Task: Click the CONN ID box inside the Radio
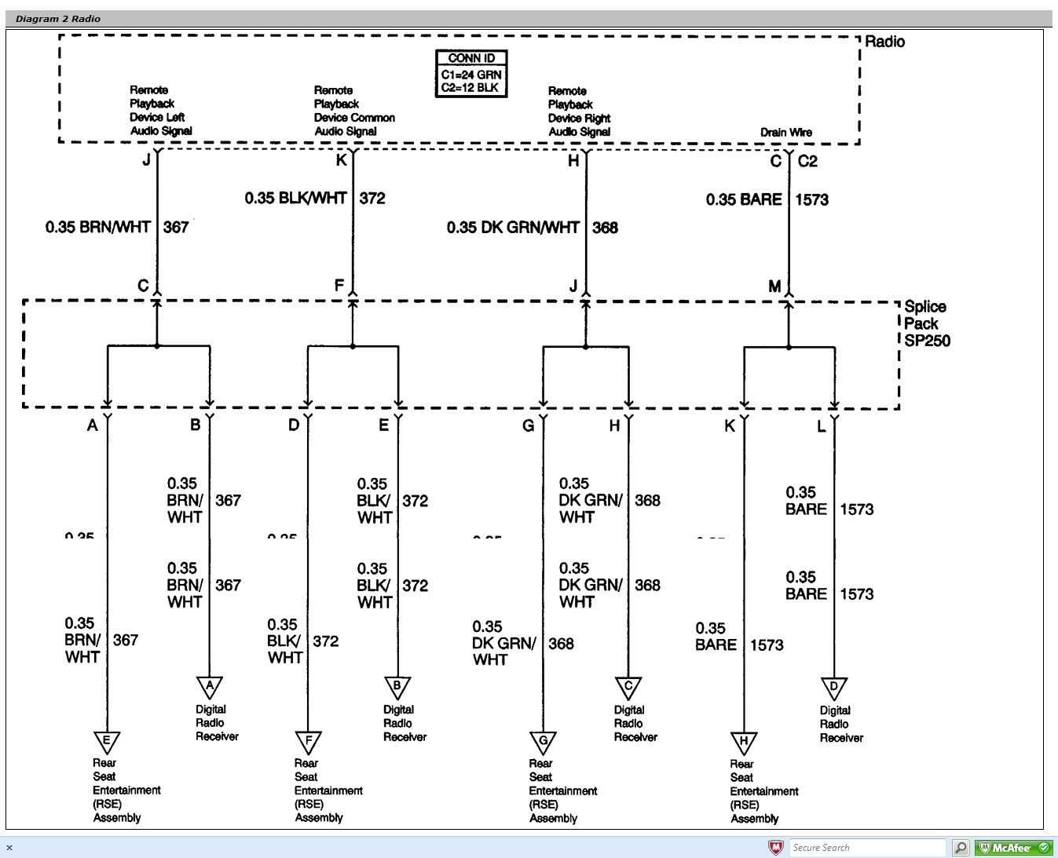(x=470, y=73)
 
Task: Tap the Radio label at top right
(x=884, y=42)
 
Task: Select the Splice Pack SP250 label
(x=926, y=323)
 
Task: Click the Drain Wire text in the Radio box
(x=785, y=132)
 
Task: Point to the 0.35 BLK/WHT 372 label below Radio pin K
(x=314, y=198)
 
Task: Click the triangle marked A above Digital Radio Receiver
(x=210, y=687)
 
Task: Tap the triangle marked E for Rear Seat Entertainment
(x=107, y=741)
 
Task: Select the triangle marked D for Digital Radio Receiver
(x=834, y=688)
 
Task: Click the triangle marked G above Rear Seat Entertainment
(x=542, y=741)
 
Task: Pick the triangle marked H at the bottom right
(x=743, y=742)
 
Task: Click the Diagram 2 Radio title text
(x=58, y=19)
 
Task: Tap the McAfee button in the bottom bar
(x=1013, y=848)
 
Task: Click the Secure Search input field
(x=867, y=848)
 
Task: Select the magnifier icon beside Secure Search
(x=960, y=848)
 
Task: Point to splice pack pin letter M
(x=774, y=287)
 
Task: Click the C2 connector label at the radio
(x=807, y=161)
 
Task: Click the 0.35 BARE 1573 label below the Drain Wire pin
(x=767, y=199)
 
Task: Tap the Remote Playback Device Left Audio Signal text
(x=160, y=111)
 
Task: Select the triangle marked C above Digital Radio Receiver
(x=628, y=688)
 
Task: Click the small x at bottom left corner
(x=9, y=848)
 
